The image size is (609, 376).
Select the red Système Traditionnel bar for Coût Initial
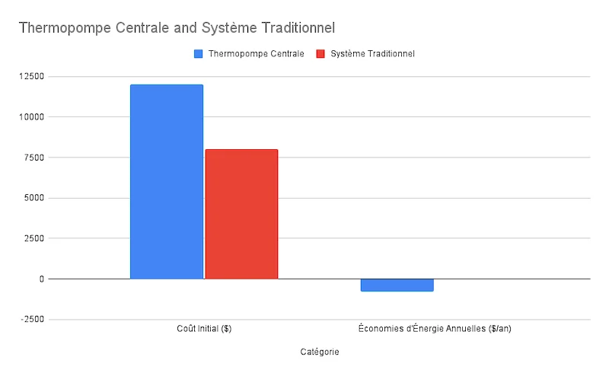point(241,214)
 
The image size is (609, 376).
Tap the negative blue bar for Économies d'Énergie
point(397,285)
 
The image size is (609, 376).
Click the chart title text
point(177,27)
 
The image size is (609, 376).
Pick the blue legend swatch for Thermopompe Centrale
point(199,54)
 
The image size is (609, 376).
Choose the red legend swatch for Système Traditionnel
point(320,54)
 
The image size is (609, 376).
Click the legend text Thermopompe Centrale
point(256,54)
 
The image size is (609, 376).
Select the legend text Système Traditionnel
point(372,54)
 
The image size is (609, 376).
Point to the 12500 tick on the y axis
point(32,77)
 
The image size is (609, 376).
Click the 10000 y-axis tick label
point(32,117)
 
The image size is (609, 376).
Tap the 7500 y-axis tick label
point(34,158)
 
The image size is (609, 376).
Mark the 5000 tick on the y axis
point(34,198)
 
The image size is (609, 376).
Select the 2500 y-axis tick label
point(34,238)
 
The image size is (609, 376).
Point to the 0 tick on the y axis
point(41,279)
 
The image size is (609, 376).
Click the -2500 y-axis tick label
point(33,319)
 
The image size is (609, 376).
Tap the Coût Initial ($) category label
point(204,329)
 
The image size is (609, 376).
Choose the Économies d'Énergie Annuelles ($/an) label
point(439,329)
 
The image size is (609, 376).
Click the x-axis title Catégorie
point(320,352)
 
